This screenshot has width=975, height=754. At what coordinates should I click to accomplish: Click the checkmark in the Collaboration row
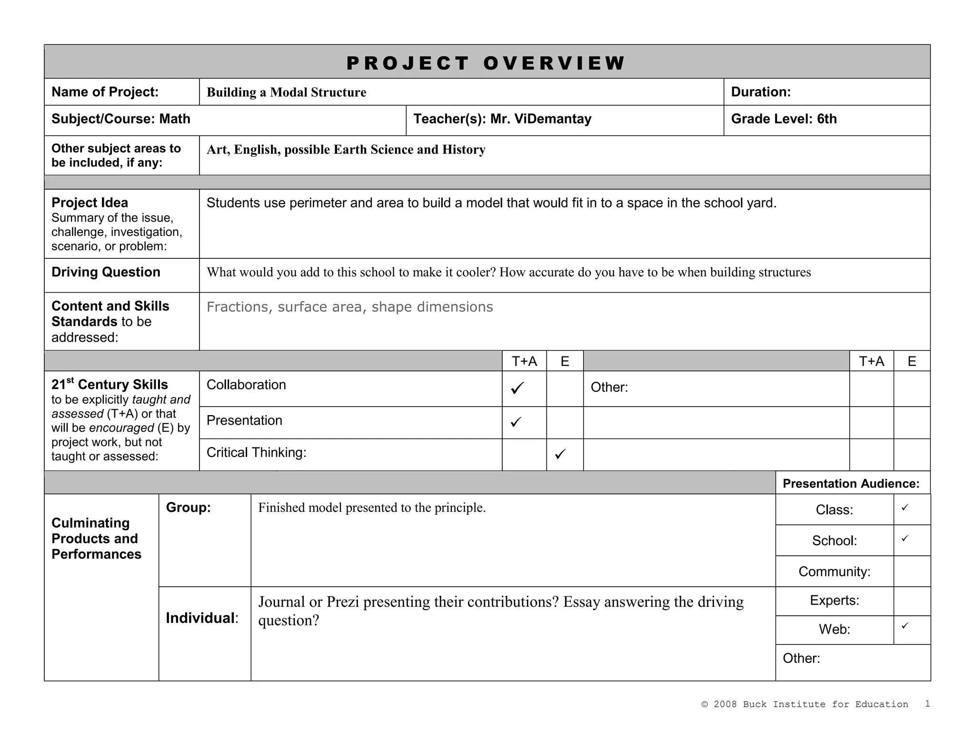point(517,388)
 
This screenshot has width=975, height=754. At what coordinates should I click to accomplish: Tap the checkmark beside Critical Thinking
point(560,454)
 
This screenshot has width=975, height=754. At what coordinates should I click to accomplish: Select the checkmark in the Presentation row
point(516,422)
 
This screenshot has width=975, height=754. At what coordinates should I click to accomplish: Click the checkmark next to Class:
point(905,508)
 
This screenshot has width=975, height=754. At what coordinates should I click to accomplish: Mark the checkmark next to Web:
point(905,625)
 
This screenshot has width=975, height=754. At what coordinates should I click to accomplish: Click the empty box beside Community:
point(912,571)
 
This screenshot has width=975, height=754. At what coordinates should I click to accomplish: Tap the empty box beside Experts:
point(912,601)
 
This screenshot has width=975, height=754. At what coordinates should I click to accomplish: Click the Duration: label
point(761,92)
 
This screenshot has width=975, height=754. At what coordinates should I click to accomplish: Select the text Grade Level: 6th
point(784,119)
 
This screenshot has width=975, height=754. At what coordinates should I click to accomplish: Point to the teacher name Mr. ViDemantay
point(541,119)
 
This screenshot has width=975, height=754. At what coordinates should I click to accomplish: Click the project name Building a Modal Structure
point(286,92)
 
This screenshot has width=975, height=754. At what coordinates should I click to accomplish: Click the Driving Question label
point(106,272)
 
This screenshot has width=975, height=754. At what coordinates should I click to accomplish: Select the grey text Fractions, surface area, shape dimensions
point(349,307)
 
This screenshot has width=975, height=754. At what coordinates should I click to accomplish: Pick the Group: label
point(188,508)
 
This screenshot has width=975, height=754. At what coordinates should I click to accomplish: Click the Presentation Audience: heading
point(851,484)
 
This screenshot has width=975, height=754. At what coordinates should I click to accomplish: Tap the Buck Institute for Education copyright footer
point(805,704)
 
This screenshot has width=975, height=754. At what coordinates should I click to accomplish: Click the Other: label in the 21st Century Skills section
point(609,387)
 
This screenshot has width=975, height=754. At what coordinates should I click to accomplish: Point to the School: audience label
point(834,541)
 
